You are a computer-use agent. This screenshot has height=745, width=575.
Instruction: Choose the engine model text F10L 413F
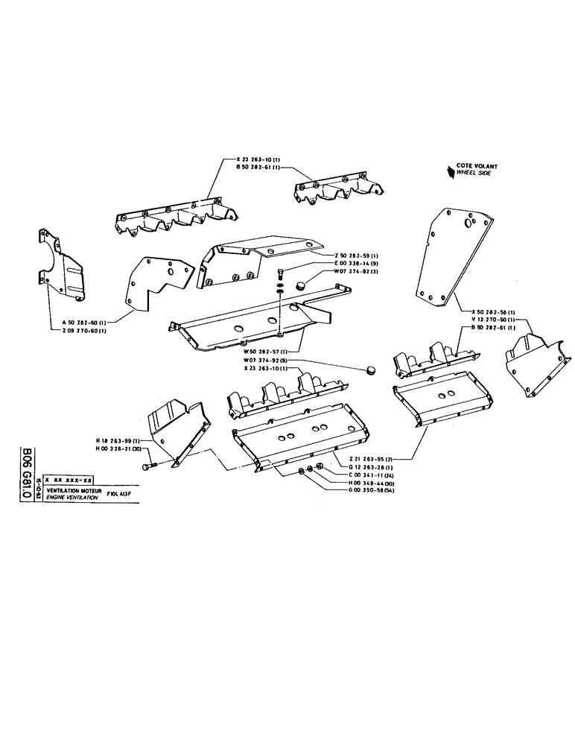pyautogui.click(x=123, y=494)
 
